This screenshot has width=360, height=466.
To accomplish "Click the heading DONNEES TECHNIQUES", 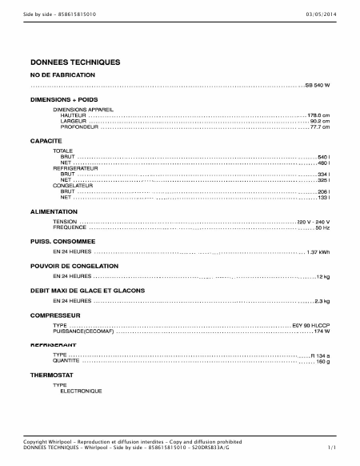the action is [x=75, y=62].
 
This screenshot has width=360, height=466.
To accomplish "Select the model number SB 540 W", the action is [x=317, y=85].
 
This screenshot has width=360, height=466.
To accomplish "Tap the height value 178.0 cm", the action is [x=318, y=114].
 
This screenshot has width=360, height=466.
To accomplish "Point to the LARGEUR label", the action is [x=73, y=121].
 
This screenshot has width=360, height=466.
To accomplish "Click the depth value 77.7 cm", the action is [x=320, y=127].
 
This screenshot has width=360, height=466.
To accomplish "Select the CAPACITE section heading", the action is [x=46, y=140].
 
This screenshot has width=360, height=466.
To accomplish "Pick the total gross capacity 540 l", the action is [x=324, y=156].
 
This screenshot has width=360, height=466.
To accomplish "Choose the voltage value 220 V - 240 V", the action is [x=313, y=221].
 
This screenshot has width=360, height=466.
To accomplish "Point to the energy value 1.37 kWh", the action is [x=318, y=252].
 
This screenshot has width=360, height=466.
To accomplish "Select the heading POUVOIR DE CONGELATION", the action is [x=74, y=265].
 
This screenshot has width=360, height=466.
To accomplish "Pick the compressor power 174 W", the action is [x=322, y=331].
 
